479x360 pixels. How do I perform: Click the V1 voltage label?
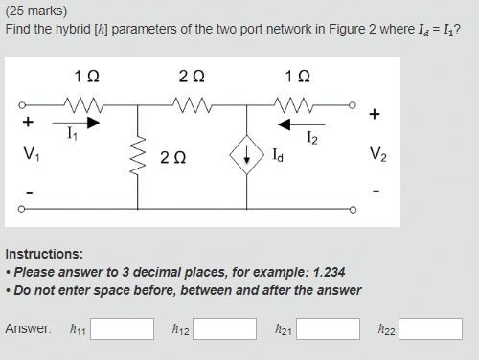tap(31, 153)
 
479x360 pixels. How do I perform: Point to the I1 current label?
tap(73, 135)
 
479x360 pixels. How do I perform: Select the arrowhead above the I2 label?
tap(284, 124)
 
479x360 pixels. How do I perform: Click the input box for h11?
tap(122, 329)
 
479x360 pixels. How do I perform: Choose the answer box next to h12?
tap(224, 329)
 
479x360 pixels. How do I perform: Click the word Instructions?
tap(44, 254)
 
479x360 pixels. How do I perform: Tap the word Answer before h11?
tap(28, 328)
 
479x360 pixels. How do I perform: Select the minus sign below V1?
tap(29, 193)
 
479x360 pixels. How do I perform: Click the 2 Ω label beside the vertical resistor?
tap(173, 157)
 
